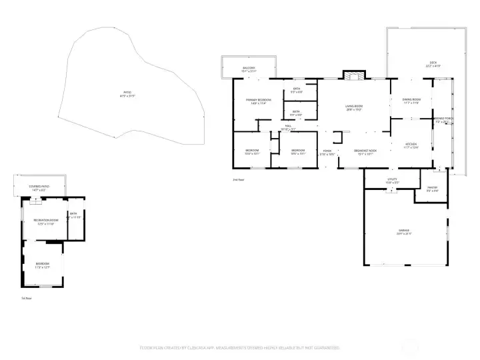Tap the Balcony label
249,69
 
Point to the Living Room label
353,107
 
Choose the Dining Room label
411,101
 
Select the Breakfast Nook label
365,151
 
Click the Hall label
289,126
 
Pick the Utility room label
392,180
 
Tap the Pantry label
432,189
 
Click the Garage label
404,232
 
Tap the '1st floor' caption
26,298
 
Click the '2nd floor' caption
238,180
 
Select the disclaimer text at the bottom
239,347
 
